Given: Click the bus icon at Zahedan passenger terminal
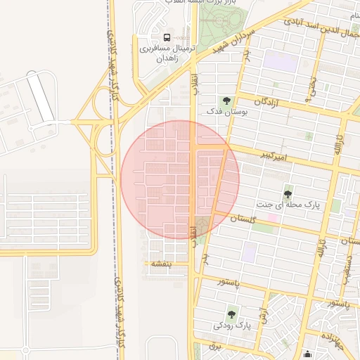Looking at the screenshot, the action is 167,37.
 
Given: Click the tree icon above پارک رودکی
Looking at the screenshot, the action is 231,314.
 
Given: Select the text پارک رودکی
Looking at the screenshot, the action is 232,326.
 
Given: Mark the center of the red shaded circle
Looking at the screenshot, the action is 180,180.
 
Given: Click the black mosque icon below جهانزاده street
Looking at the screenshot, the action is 307,354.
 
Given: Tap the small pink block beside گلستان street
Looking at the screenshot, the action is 271,218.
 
